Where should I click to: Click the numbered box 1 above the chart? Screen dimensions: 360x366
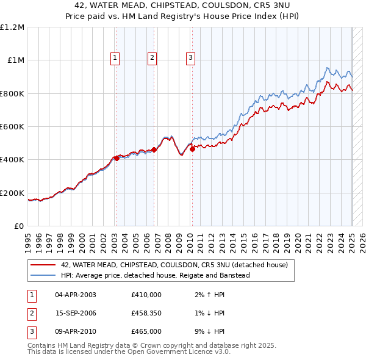click(115, 58)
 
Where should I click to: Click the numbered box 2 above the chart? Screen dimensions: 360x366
click(152, 58)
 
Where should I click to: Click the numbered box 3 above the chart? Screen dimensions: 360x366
click(190, 58)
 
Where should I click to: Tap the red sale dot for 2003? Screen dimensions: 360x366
click(117, 158)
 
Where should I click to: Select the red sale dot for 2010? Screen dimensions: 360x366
click(192, 148)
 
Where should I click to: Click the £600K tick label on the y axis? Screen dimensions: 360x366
click(12, 127)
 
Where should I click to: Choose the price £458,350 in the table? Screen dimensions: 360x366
click(146, 313)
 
